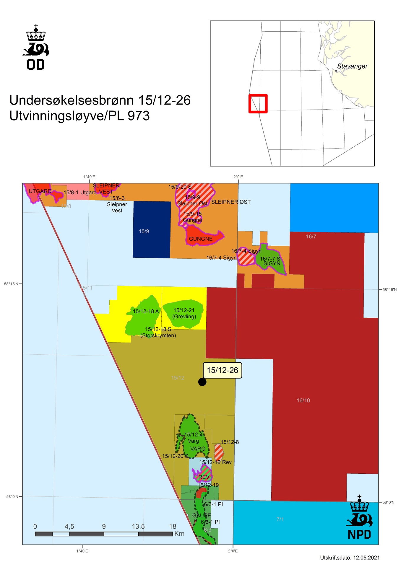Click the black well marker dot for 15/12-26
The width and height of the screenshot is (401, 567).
pyautogui.click(x=202, y=382)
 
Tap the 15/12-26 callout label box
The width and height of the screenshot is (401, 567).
pyautogui.click(x=222, y=370)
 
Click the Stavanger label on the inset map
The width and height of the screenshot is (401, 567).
pyautogui.click(x=352, y=66)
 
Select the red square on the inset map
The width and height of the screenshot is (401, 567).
pyautogui.click(x=258, y=103)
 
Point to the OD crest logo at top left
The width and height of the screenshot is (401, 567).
pyautogui.click(x=36, y=47)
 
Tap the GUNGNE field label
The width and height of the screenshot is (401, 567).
pyautogui.click(x=201, y=239)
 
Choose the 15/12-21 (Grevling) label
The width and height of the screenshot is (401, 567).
pyautogui.click(x=184, y=313)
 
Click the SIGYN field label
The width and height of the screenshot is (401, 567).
pyautogui.click(x=272, y=263)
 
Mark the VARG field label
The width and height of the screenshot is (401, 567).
pyautogui.click(x=198, y=449)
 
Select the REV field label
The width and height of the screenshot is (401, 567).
pyautogui.click(x=204, y=477)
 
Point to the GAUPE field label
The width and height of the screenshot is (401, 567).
pyautogui.click(x=202, y=515)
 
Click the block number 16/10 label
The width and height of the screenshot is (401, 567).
pyautogui.click(x=303, y=400)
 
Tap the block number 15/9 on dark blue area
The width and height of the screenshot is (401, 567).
pyautogui.click(x=144, y=231)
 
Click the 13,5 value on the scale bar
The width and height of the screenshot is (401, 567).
pyautogui.click(x=138, y=526)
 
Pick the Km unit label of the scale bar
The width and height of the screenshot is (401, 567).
pyautogui.click(x=179, y=534)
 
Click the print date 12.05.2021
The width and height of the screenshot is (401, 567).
pyautogui.click(x=366, y=558)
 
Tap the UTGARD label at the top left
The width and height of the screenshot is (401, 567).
pyautogui.click(x=40, y=191)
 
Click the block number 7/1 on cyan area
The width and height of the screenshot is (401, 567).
pyautogui.click(x=280, y=519)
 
